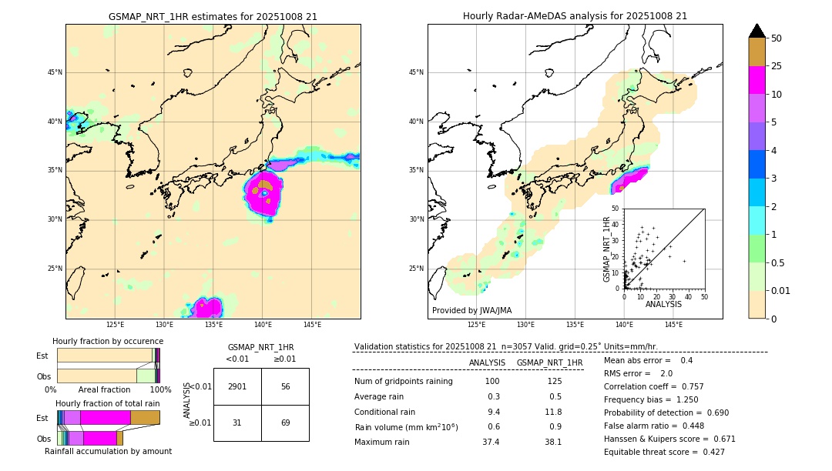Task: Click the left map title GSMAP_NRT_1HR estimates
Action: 213,16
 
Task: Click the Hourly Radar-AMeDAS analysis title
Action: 575,16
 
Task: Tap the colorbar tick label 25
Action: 777,66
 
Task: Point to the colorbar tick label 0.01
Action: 781,291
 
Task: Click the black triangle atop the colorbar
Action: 757,31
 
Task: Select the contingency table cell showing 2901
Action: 237,386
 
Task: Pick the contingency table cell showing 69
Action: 285,423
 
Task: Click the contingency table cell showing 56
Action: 285,386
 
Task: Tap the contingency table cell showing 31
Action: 237,423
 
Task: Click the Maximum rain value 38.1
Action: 553,442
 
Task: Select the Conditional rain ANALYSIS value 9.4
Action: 493,412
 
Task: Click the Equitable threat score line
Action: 664,452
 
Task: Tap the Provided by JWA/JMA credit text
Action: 471,310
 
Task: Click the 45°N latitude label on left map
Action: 55,72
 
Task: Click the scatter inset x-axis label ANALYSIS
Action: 663,304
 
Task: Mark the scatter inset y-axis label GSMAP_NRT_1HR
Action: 606,249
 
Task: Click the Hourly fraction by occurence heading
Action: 108,341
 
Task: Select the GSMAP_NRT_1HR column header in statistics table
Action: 549,362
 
